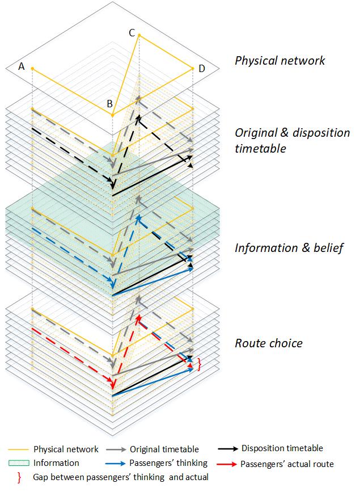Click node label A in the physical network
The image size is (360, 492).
tap(22, 66)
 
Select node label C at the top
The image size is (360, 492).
tap(132, 33)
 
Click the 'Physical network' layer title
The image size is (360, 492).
tap(280, 60)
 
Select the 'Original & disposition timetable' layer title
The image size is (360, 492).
tap(293, 141)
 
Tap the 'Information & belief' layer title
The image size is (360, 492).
tap(289, 248)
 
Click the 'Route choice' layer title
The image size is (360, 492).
tap(269, 343)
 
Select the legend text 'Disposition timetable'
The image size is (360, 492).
tap(282, 448)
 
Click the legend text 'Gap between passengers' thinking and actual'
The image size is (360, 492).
tap(121, 478)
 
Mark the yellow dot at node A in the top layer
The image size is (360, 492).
tap(32, 69)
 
